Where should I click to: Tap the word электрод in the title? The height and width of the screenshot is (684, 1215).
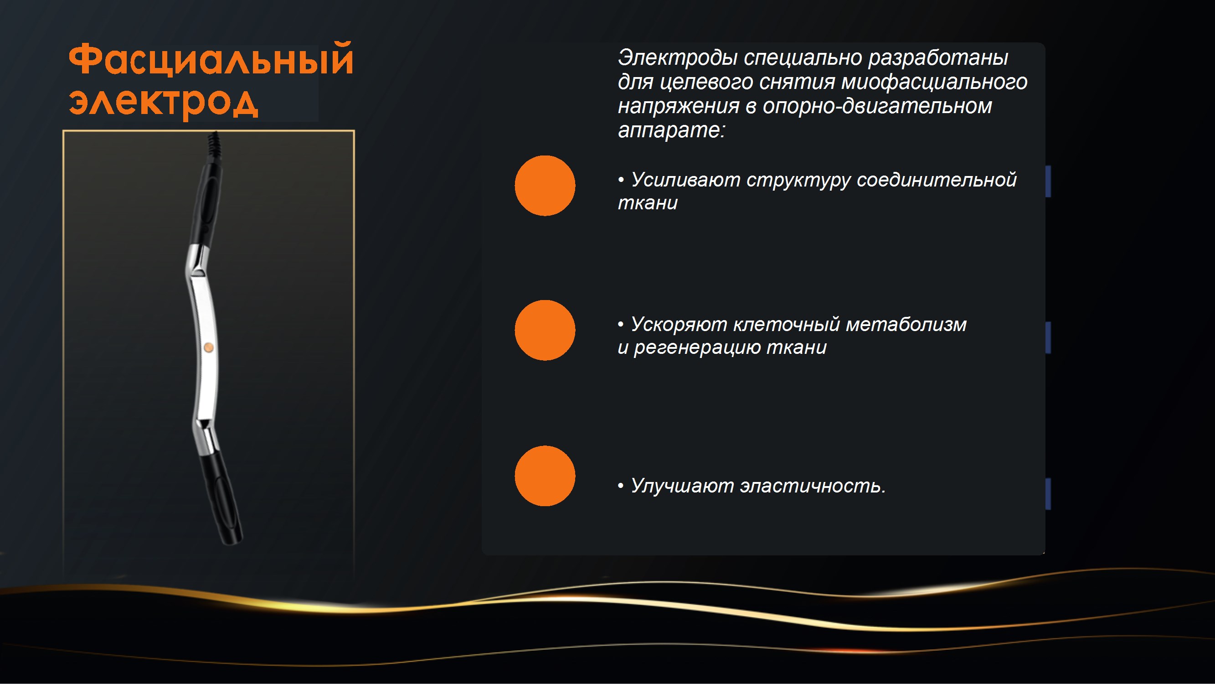[x=163, y=102]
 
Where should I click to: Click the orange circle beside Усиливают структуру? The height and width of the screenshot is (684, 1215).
[x=545, y=186]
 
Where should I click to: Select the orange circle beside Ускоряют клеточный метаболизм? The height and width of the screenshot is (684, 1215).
[x=545, y=331]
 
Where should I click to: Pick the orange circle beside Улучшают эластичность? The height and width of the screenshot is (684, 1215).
[x=545, y=476]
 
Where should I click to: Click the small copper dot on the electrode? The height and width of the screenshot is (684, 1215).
[x=208, y=348]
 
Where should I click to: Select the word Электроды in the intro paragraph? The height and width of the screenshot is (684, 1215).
[x=678, y=58]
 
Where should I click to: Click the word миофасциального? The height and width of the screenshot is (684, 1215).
[x=934, y=82]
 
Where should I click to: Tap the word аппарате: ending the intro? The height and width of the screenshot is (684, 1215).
[x=671, y=130]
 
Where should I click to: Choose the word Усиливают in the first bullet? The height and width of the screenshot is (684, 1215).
[x=685, y=180]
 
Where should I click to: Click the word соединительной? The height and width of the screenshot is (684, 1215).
[x=936, y=180]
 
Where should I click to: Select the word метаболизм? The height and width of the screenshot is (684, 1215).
[x=906, y=324]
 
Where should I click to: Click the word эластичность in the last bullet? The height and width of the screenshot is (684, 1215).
[x=813, y=486]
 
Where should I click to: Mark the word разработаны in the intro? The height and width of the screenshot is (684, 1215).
[x=937, y=58]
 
